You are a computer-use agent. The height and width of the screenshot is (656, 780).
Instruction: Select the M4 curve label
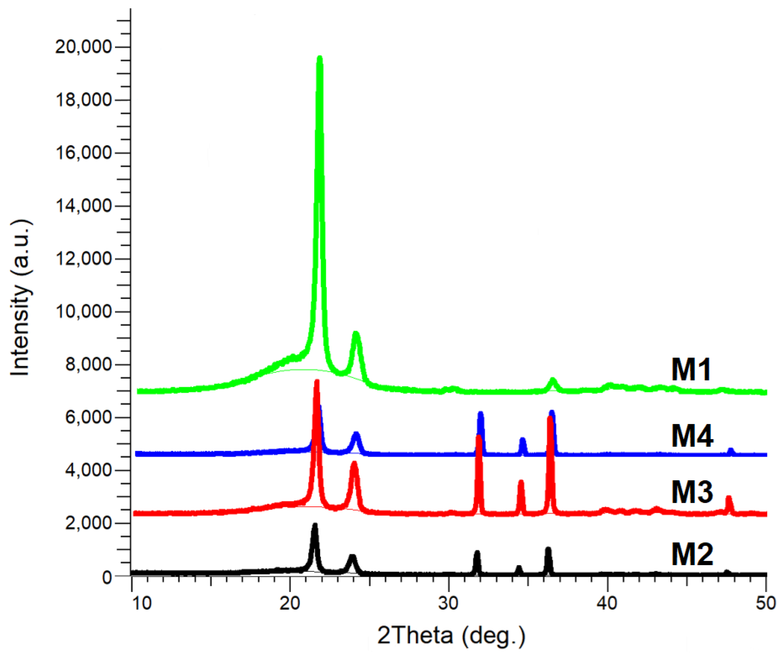coord(692,436)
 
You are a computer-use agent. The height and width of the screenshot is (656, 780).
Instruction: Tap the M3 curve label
coord(692,492)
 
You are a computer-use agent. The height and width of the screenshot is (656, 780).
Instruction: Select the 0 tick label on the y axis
coord(107,578)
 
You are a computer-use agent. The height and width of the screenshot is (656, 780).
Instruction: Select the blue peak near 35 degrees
coord(523,440)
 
